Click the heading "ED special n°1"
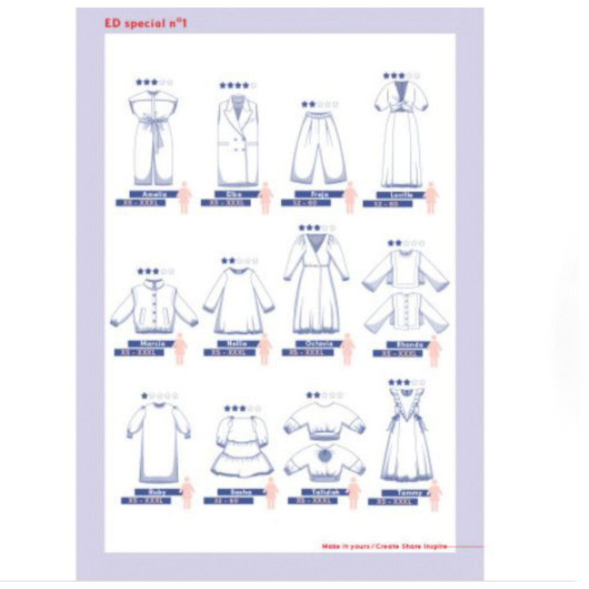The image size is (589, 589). tap(146, 23)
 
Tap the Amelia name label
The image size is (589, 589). tap(155, 194)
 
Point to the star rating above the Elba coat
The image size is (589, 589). tap(238, 85)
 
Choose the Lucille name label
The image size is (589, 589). tap(402, 195)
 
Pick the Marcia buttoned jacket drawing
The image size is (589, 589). tap(154, 305)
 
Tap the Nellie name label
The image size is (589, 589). tap(238, 344)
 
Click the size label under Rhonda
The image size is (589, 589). tap(398, 353)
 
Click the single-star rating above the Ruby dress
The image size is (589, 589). tap(160, 396)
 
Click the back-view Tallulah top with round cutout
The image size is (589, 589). tap(324, 461)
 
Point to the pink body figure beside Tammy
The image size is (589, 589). tap(435, 496)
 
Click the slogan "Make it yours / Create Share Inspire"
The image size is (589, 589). tap(384, 546)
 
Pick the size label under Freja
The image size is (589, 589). tap(305, 203)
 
